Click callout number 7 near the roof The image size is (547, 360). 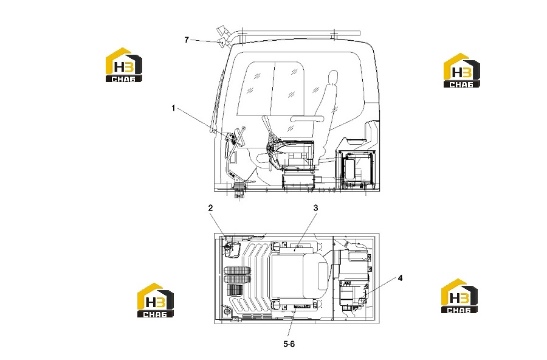187,40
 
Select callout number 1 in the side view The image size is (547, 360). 173,108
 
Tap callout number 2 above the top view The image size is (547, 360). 210,208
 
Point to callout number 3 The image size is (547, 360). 315,208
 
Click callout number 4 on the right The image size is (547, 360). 400,278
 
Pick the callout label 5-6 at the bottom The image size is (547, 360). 289,344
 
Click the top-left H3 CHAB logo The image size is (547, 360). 124,65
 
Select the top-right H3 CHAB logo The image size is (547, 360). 461,70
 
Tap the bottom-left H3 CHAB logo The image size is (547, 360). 155,300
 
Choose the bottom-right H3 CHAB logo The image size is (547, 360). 459,296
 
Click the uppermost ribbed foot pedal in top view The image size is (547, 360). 237,271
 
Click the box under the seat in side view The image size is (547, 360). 298,181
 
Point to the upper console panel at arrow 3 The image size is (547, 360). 299,248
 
